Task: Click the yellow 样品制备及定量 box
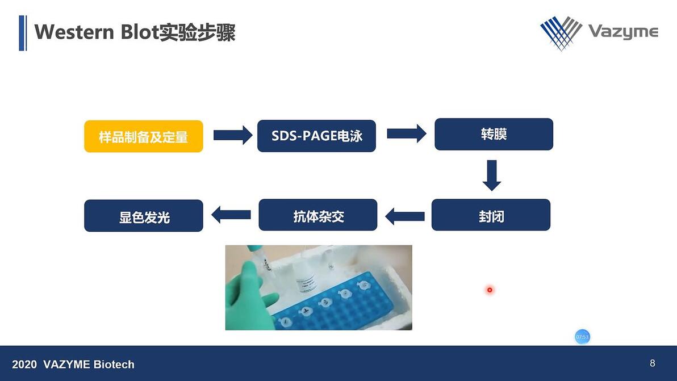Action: pyautogui.click(x=144, y=136)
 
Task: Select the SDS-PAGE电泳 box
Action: pyautogui.click(x=316, y=136)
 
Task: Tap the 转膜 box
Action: pyautogui.click(x=494, y=135)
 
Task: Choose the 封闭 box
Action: pyautogui.click(x=491, y=215)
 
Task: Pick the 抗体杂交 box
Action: pyautogui.click(x=318, y=215)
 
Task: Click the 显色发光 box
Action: pyautogui.click(x=144, y=216)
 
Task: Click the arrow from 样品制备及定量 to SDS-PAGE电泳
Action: pyautogui.click(x=232, y=135)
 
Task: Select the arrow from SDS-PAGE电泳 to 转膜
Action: pyautogui.click(x=406, y=134)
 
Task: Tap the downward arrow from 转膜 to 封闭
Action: pyautogui.click(x=492, y=175)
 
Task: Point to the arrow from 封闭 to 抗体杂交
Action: pyautogui.click(x=405, y=216)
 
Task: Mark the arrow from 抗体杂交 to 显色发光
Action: pyautogui.click(x=231, y=215)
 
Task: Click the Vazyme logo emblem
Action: pyautogui.click(x=561, y=32)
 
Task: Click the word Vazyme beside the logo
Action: pyautogui.click(x=622, y=31)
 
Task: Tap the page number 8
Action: pyautogui.click(x=653, y=363)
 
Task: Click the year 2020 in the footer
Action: pyautogui.click(x=24, y=365)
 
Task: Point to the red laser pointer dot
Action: pyautogui.click(x=489, y=290)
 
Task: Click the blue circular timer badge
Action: pyautogui.click(x=582, y=337)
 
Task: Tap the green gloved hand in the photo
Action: pyautogui.click(x=247, y=295)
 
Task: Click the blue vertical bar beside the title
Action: pyautogui.click(x=22, y=33)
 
